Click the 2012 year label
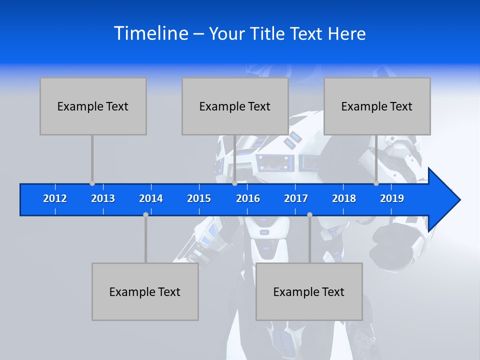[x=55, y=198]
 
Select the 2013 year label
[x=103, y=198]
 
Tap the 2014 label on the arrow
[x=151, y=198]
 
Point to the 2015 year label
[x=199, y=198]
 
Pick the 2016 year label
[x=248, y=198]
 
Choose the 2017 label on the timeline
[x=296, y=198]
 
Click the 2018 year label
[x=344, y=198]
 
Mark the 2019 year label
[x=392, y=198]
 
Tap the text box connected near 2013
[x=93, y=106]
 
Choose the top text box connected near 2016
[x=235, y=106]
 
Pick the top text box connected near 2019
[x=377, y=106]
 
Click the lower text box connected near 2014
[x=145, y=291]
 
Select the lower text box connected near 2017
[x=309, y=291]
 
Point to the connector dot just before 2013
[x=92, y=183]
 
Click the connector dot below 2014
[x=145, y=214]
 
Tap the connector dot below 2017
[x=309, y=214]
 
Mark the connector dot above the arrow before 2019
[x=376, y=183]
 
